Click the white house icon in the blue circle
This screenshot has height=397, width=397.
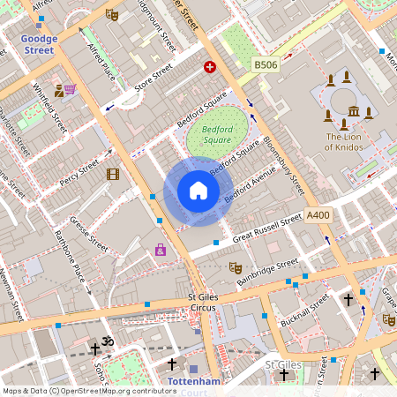pos(198,191)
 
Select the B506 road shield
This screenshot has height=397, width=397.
pos(266,65)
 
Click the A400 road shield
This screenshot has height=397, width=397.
pos(318,214)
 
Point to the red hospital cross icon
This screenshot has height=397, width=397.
pos(210,66)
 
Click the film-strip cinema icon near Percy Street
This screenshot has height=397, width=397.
pos(112,174)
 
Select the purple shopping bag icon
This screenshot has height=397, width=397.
pos(161,250)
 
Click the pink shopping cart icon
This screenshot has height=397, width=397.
pos(70,90)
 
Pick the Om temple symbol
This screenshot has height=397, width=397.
pos(109,341)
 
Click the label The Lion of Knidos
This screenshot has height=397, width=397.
pos(350,142)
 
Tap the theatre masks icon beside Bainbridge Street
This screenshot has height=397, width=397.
pos(236,266)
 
